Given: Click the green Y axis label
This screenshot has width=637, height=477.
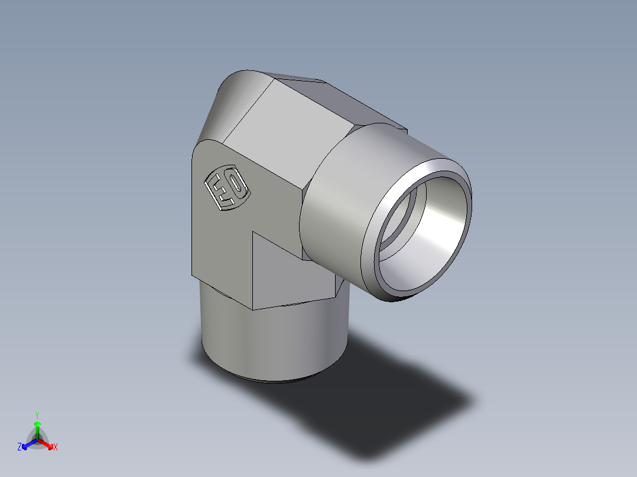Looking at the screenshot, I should [37, 414].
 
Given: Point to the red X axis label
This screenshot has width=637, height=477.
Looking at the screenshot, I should [56, 447].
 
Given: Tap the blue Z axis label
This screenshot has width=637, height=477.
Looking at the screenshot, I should [19, 447].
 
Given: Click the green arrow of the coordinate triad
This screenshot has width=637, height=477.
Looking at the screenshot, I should [37, 427].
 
